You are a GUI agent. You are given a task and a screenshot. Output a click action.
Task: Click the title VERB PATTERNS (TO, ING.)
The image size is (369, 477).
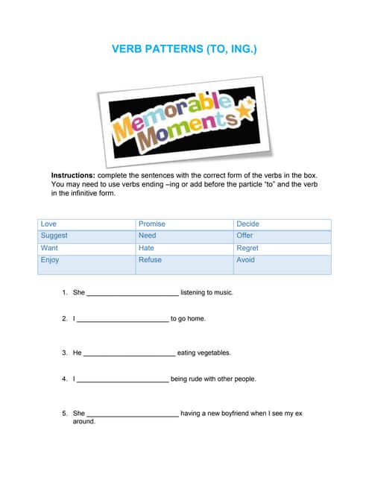coord(185,49)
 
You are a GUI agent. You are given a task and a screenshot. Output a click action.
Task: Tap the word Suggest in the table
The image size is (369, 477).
coord(54,236)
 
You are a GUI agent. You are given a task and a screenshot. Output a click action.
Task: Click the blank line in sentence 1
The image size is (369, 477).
coord(133,294)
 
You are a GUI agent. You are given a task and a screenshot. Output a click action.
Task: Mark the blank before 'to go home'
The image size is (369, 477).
coord(123,320)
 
